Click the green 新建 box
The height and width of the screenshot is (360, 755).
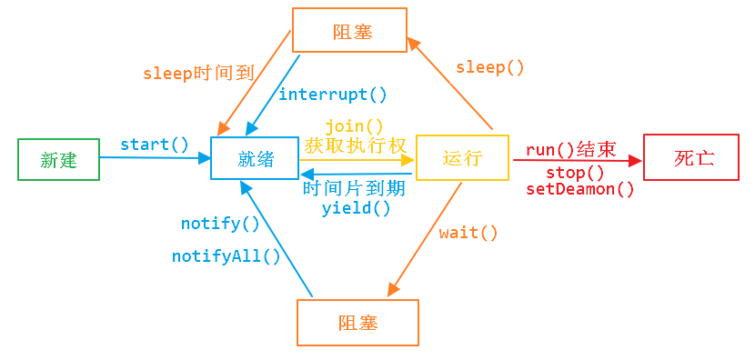[x=58, y=159]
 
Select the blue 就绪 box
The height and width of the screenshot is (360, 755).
[x=256, y=159]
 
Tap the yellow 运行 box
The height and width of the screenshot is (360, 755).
[x=461, y=158]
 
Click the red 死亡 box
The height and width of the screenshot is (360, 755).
[x=694, y=157]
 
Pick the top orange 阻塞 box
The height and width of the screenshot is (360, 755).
[x=349, y=32]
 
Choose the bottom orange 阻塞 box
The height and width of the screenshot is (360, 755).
[x=357, y=323]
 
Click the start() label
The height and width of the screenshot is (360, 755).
[x=155, y=144]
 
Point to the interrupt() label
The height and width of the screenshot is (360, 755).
[x=332, y=95]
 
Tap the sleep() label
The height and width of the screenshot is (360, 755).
[x=490, y=67]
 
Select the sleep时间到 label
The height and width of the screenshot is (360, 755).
[x=198, y=74]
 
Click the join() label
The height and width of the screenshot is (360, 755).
[x=354, y=126]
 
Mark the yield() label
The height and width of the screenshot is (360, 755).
[x=356, y=208]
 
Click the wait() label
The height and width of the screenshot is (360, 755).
[x=468, y=233]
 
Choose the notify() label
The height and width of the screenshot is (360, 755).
[x=220, y=223]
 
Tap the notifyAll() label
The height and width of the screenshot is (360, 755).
[x=226, y=256]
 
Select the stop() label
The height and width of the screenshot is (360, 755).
[x=575, y=173]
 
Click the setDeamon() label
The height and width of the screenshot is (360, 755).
[x=579, y=189]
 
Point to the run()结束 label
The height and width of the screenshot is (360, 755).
[x=570, y=150]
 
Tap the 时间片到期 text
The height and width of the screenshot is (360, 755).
[x=354, y=189]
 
